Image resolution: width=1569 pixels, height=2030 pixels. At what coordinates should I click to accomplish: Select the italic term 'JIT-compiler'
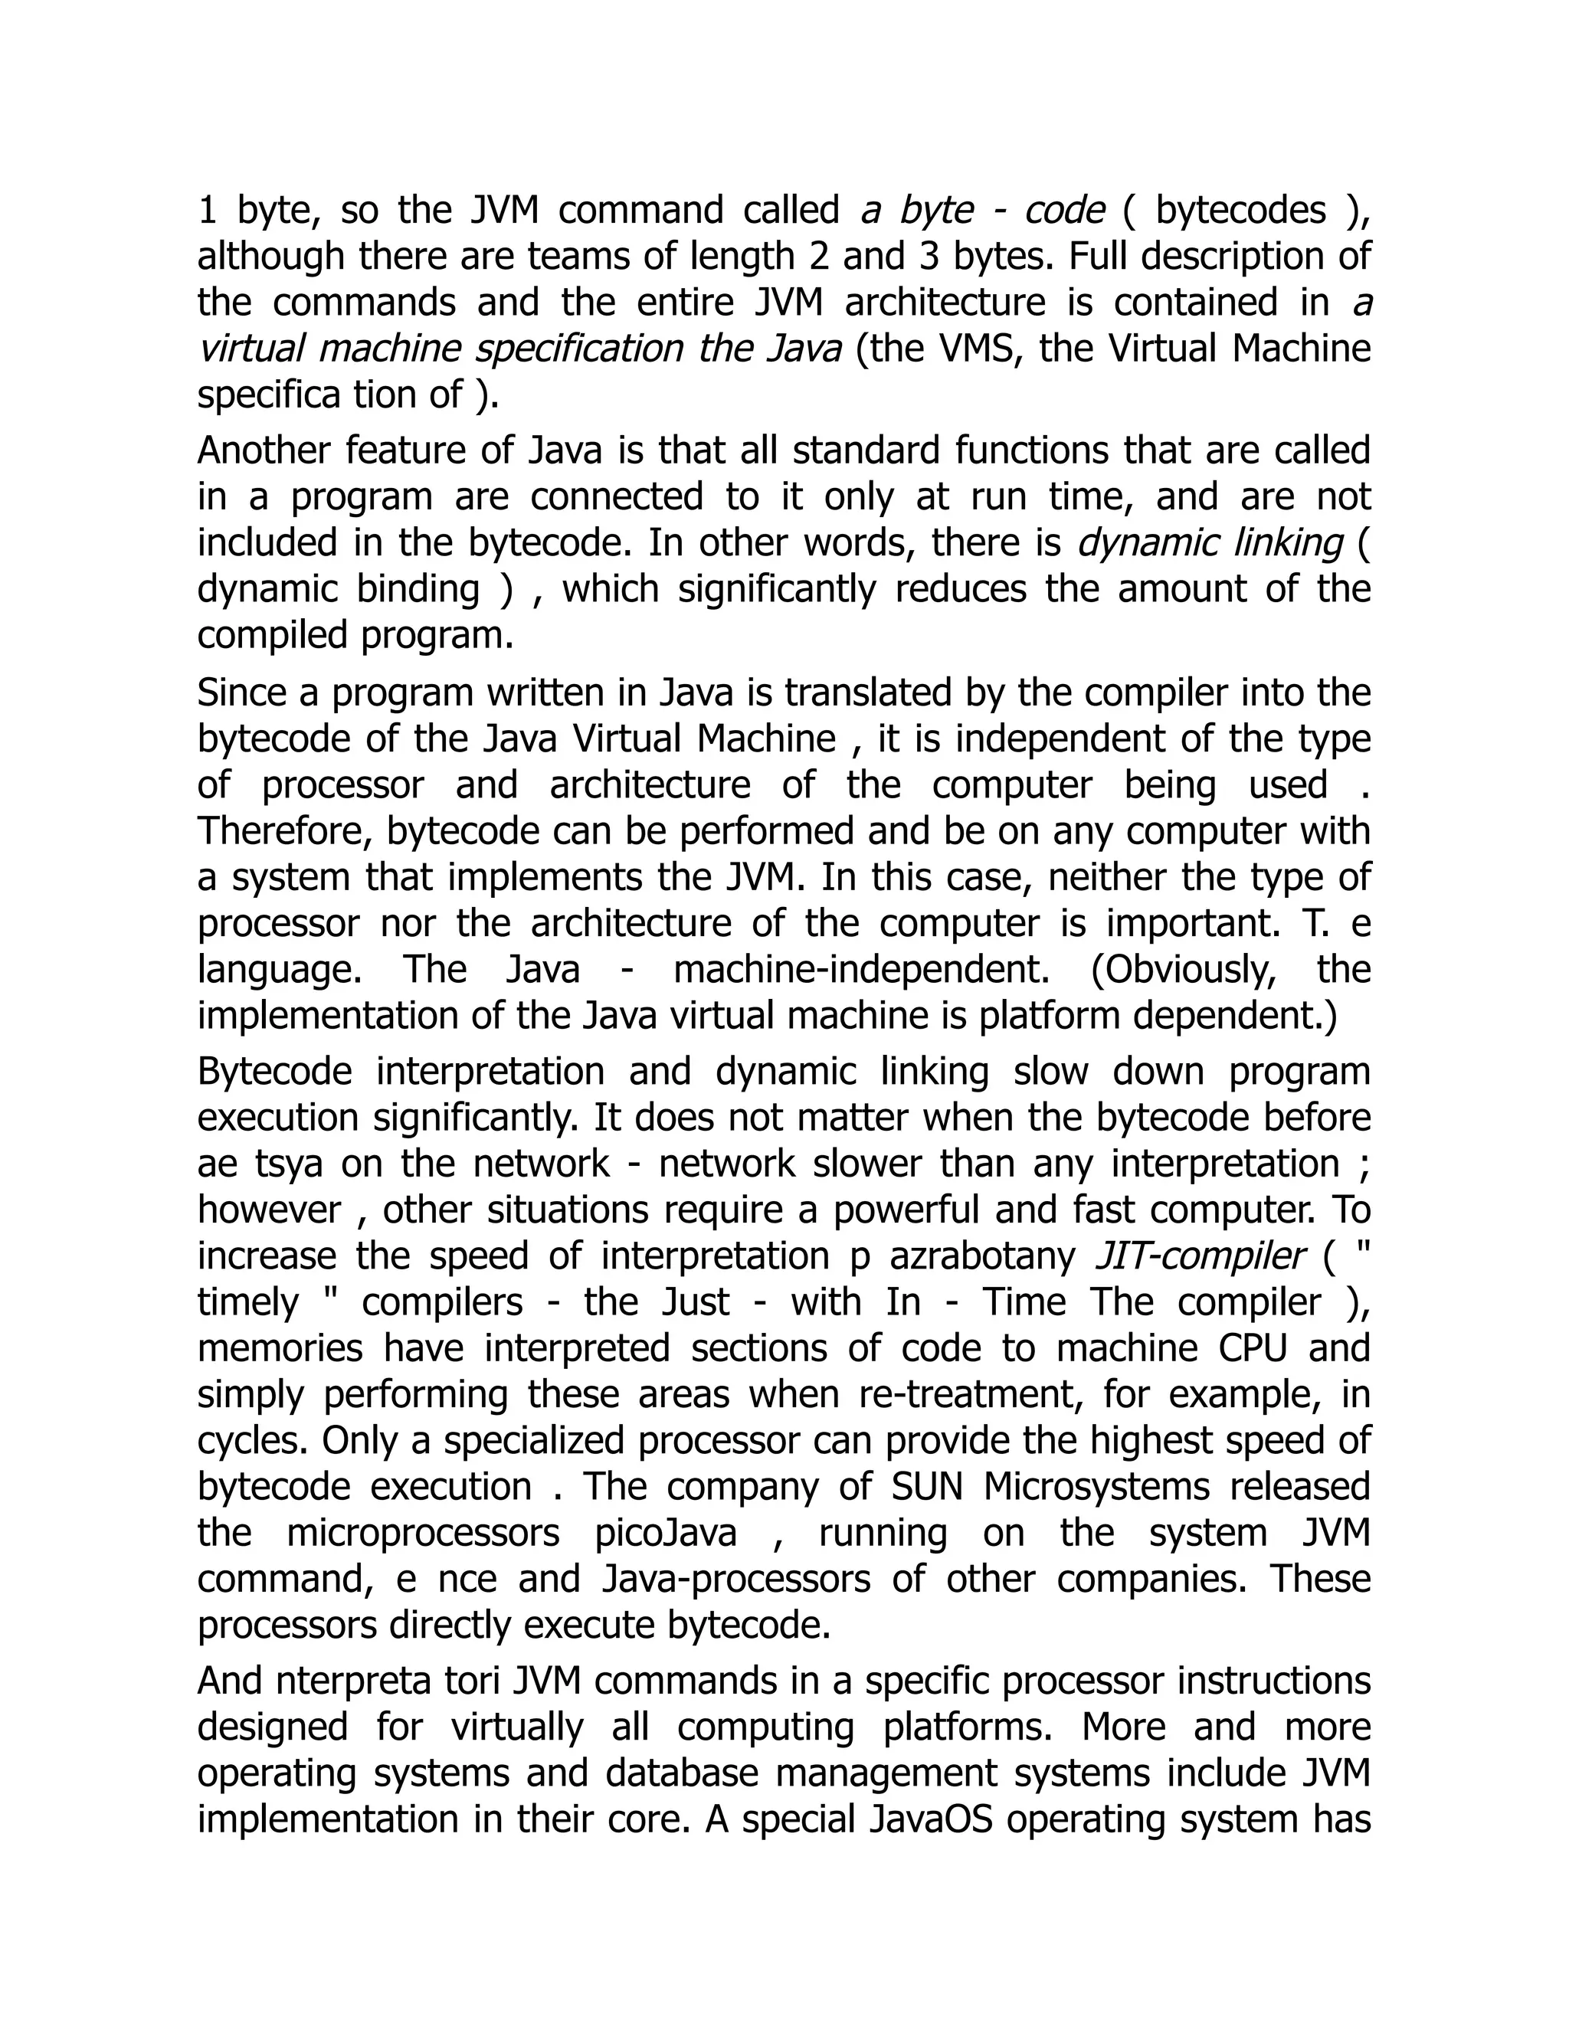(x=1200, y=1256)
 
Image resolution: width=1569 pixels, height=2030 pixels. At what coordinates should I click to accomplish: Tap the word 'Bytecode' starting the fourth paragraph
(x=275, y=1072)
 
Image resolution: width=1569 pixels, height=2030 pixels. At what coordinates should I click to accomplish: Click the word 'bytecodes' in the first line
(x=1240, y=211)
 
